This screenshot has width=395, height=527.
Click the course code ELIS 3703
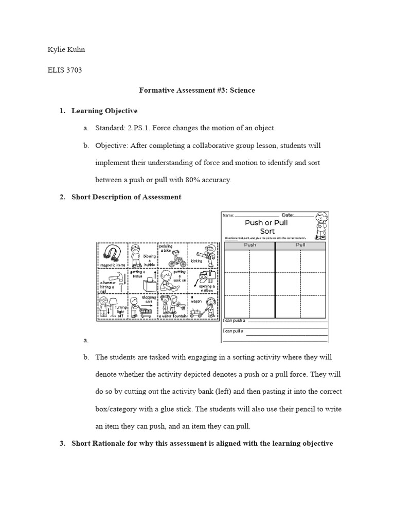64,70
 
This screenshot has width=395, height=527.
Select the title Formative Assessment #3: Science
197,90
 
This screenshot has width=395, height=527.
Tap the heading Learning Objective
104,111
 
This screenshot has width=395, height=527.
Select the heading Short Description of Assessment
126,197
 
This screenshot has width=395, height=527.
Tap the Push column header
249,245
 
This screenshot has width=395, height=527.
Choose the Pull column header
301,245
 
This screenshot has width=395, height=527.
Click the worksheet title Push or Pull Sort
266,227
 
